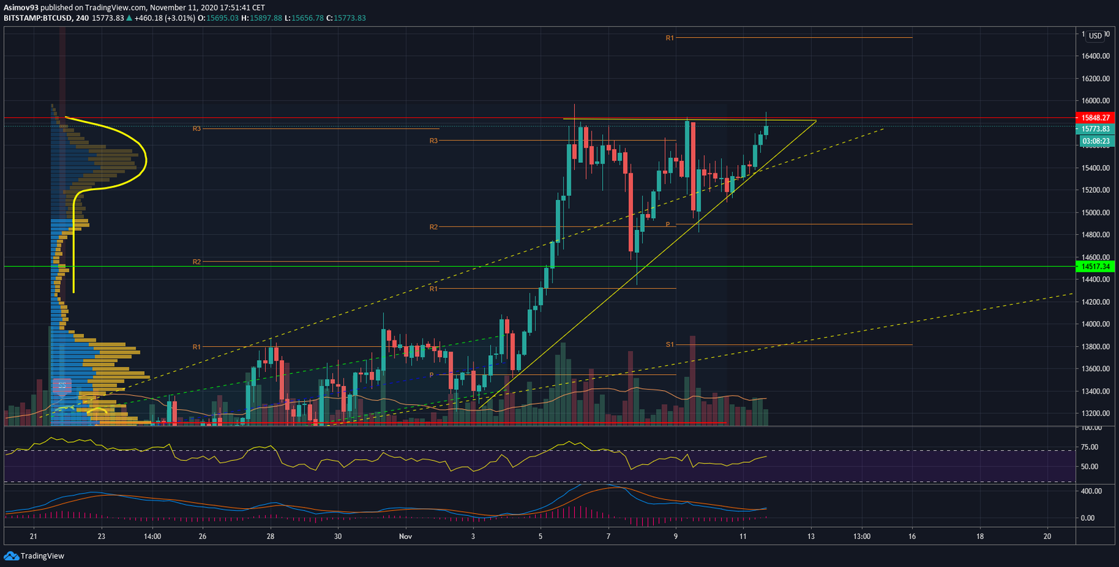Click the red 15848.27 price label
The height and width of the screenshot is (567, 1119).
click(1095, 118)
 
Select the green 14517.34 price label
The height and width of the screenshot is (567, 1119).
click(1095, 266)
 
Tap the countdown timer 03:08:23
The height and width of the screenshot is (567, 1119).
click(1096, 141)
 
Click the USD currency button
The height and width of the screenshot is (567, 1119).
click(1095, 36)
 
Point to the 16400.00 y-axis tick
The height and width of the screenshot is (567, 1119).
click(1095, 56)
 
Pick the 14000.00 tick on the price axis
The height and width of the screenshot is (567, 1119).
click(1095, 324)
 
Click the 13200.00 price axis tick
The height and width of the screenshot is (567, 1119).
click(1095, 413)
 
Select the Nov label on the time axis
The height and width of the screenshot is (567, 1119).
click(406, 537)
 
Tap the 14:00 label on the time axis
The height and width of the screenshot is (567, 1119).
click(152, 537)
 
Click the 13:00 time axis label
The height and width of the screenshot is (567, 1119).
click(862, 537)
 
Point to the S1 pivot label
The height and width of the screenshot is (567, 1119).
click(669, 345)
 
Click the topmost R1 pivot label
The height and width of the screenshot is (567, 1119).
click(669, 38)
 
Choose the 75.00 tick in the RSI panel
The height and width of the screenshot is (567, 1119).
click(1090, 447)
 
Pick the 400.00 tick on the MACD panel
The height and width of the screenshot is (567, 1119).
click(1091, 491)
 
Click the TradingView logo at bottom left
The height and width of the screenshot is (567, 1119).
click(34, 556)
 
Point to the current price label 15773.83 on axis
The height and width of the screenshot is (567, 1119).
click(1095, 129)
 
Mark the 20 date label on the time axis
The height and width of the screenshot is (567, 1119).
click(1047, 537)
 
